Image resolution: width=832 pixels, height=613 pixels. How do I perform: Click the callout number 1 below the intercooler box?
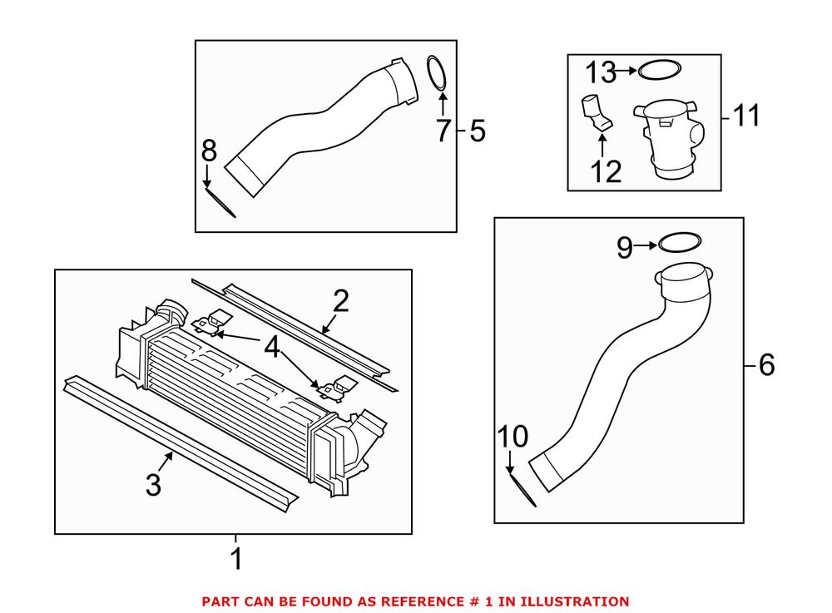[x=236, y=559]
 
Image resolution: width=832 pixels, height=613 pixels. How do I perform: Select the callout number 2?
[x=340, y=303]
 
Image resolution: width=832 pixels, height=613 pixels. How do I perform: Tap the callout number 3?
[x=153, y=486]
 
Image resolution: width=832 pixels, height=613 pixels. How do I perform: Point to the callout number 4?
[x=272, y=348]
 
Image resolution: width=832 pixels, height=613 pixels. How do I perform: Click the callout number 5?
[x=478, y=131]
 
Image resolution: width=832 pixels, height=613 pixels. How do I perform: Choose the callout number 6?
[x=766, y=364]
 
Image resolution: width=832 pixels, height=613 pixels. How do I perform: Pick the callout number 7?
[x=443, y=131]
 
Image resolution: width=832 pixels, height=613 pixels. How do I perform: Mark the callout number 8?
[x=209, y=151]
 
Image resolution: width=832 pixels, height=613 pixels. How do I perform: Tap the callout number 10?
[x=513, y=436]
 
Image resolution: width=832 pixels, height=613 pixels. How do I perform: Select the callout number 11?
[x=746, y=116]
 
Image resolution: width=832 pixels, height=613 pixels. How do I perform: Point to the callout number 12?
[x=606, y=171]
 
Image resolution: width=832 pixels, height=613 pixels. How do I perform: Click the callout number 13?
[x=600, y=72]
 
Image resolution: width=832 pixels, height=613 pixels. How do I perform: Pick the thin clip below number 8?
[x=221, y=201]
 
